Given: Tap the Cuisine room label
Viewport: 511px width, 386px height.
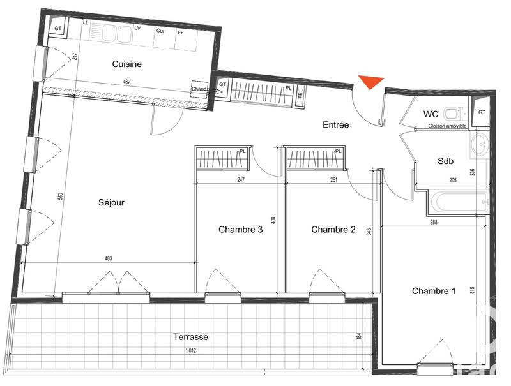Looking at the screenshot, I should coord(126,64).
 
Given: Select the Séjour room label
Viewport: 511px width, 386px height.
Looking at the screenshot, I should coord(111,203).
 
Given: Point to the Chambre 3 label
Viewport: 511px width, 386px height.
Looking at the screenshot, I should coord(240,230).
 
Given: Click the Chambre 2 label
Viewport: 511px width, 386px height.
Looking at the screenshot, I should coord(333,230).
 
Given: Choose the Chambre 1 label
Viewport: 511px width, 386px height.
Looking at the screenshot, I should coord(434,291).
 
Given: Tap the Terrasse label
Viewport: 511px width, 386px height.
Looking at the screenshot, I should coord(190,337).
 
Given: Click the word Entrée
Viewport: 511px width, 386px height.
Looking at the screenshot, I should coord(335,125).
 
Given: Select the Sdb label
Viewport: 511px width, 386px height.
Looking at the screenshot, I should coord(445,161).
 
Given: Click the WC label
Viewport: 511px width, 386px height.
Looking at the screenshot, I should coord(431,114).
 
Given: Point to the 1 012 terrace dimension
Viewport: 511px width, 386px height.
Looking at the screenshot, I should coord(190,350).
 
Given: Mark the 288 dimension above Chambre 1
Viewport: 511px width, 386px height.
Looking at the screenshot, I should coord(434,222).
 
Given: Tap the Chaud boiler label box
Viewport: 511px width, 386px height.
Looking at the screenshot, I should coord(199,90).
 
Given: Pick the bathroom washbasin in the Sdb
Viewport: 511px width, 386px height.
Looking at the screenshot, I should coord(480,144).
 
